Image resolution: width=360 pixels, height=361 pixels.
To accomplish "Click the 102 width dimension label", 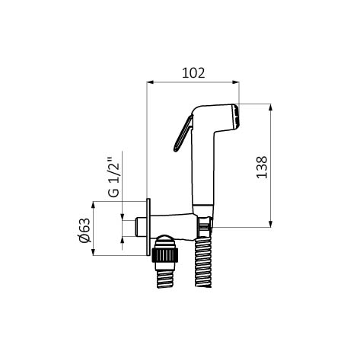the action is click(x=193, y=73).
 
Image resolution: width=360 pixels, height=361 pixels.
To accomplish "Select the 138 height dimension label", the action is click(x=262, y=168).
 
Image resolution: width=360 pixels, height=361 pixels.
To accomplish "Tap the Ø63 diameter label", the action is click(x=84, y=230).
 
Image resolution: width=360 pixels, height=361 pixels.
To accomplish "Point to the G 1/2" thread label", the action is click(x=113, y=177).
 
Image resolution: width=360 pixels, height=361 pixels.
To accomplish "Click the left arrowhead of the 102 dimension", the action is click(x=150, y=82).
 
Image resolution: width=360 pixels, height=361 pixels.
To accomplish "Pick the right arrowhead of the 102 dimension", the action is click(x=236, y=82).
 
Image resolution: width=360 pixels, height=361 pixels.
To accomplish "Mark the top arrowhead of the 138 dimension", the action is click(x=270, y=107).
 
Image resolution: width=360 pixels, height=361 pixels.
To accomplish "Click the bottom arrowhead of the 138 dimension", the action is click(x=270, y=224).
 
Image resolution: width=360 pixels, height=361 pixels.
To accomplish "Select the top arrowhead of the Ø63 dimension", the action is click(x=93, y=205).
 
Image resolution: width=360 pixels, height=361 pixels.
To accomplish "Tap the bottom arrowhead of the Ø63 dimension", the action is click(x=93, y=252).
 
